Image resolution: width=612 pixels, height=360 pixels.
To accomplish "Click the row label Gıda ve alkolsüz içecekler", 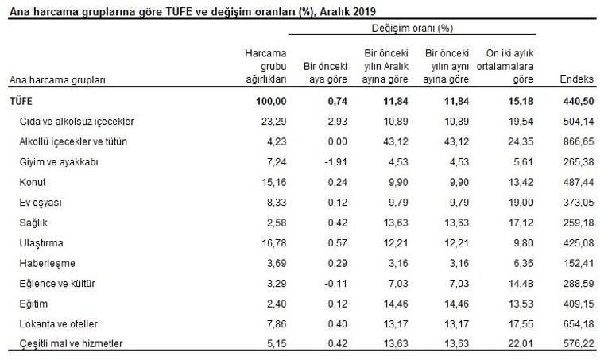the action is click(76, 122).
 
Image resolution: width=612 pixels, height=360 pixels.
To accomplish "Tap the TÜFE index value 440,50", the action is click(579, 101).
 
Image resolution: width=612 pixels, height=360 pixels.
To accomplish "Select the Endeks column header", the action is click(576, 79).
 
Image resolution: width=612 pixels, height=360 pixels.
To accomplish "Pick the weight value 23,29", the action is click(273, 122).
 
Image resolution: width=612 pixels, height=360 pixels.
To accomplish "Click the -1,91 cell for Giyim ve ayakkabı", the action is click(335, 162).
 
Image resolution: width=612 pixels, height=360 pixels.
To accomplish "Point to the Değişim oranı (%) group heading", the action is click(413, 28).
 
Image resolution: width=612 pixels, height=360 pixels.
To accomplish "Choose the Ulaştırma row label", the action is click(41, 243).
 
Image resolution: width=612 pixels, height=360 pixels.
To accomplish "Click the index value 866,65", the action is click(579, 141).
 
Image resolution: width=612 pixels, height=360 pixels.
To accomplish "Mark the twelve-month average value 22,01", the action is click(521, 343).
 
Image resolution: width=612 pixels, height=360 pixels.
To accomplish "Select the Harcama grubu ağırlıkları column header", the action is click(265, 67).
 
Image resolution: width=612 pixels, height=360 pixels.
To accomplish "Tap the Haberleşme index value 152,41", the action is click(579, 264).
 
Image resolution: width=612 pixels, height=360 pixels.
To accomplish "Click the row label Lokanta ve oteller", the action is click(59, 324).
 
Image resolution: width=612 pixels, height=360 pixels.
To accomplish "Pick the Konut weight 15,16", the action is click(273, 182).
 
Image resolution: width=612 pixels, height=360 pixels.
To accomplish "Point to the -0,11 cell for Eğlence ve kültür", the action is click(335, 284).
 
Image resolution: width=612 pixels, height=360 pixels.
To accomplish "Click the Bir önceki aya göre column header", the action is click(325, 73).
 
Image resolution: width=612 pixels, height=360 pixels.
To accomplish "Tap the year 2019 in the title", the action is click(365, 11).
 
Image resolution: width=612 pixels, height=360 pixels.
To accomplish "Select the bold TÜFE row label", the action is click(21, 101).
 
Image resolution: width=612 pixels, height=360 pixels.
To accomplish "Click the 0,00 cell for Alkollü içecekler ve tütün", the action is click(338, 141).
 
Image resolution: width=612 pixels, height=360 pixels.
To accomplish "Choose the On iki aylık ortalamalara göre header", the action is click(505, 67).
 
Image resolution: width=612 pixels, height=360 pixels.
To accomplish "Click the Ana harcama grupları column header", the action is click(57, 80).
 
